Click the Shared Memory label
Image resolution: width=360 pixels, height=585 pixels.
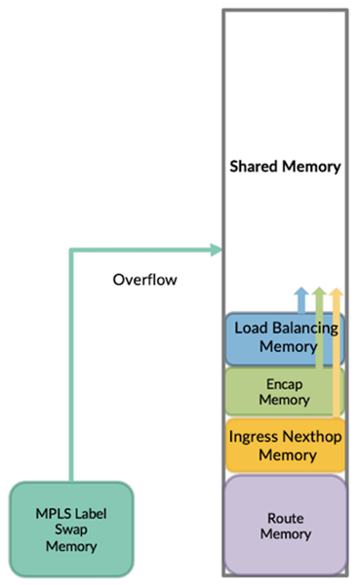tap(285, 167)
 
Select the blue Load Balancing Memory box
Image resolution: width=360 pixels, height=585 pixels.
tap(285, 337)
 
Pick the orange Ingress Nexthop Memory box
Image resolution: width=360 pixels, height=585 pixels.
tap(285, 445)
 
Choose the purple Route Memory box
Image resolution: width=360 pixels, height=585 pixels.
tap(285, 526)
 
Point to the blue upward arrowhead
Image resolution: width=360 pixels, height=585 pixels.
tap(300, 292)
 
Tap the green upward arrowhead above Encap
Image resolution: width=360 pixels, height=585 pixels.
tap(319, 292)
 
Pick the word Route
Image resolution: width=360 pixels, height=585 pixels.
tap(285, 518)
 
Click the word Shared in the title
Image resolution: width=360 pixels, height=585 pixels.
tap(254, 167)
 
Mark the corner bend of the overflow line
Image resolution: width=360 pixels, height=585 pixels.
tap(71, 251)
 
